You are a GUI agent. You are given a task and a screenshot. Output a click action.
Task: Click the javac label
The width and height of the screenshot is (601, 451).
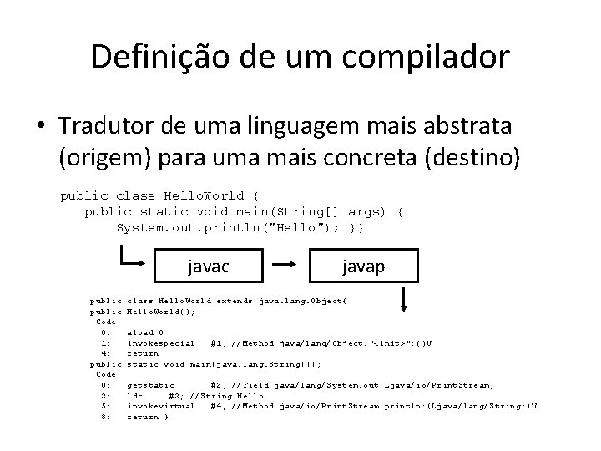(209, 266)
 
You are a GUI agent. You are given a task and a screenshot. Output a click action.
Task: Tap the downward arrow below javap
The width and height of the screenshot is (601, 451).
(403, 299)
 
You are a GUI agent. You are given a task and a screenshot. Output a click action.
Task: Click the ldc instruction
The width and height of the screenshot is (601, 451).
(134, 396)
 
